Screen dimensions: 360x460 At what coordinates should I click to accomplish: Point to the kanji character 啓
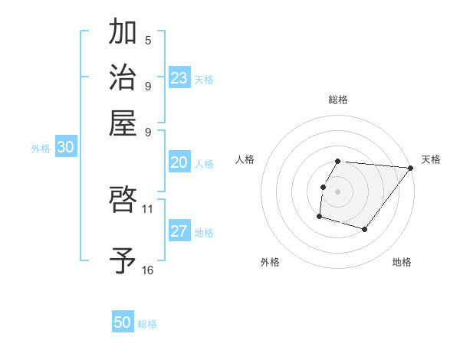click(x=123, y=201)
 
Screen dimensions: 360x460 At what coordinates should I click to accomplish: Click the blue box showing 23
click(x=179, y=78)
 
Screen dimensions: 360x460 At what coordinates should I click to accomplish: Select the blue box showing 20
click(x=179, y=162)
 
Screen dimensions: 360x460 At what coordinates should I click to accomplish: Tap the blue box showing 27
click(x=179, y=232)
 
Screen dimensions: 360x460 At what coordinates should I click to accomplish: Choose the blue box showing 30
click(x=65, y=149)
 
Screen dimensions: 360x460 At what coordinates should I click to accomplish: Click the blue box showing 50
click(x=123, y=322)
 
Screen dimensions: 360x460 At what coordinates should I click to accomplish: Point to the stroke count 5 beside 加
click(x=148, y=40)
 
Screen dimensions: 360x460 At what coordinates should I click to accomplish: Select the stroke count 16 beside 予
click(x=148, y=270)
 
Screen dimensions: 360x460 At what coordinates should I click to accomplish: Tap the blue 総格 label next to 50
click(x=147, y=324)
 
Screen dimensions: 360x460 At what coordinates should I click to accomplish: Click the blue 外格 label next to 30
click(x=41, y=149)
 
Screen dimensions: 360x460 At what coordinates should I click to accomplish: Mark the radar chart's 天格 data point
click(x=410, y=168)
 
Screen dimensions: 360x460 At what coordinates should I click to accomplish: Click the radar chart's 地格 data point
click(x=365, y=229)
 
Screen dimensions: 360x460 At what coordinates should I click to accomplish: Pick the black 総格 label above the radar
click(x=337, y=100)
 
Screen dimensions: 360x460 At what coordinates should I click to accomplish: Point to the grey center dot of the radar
click(x=337, y=191)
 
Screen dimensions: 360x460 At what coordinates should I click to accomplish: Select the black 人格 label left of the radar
click(x=245, y=159)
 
